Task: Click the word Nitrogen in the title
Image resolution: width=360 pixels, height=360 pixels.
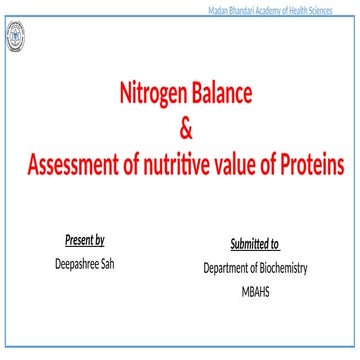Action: pos(155,95)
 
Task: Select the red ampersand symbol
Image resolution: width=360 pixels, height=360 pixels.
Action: pos(184,129)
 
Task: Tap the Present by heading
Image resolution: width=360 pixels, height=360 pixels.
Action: pos(85,241)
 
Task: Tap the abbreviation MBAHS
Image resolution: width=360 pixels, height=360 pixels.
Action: pos(255,291)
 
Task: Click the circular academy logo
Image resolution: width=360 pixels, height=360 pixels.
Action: pos(17,38)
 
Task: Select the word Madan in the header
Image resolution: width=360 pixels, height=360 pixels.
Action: pos(218,8)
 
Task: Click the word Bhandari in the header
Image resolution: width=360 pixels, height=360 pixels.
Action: pos(245,8)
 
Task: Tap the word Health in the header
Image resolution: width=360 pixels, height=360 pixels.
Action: pos(310,8)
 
